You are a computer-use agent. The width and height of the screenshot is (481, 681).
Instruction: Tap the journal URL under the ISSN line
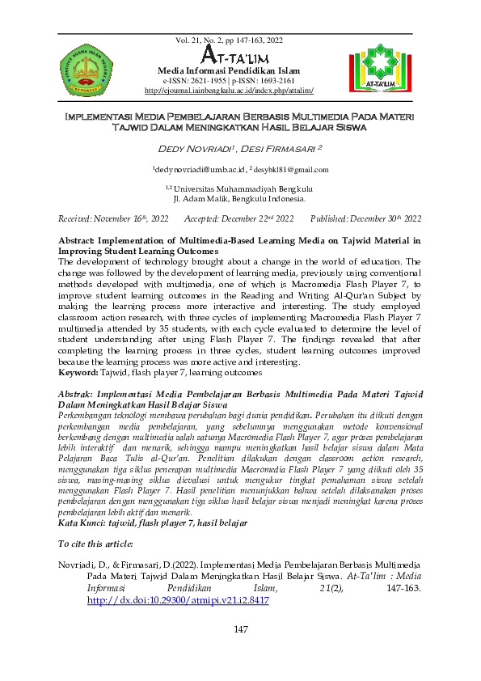(x=234, y=91)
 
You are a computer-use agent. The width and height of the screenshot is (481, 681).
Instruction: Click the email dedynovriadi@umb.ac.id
(x=199, y=170)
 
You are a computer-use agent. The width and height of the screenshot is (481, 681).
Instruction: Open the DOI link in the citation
(x=177, y=602)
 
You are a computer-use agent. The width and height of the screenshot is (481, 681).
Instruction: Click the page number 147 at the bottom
(x=240, y=630)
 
